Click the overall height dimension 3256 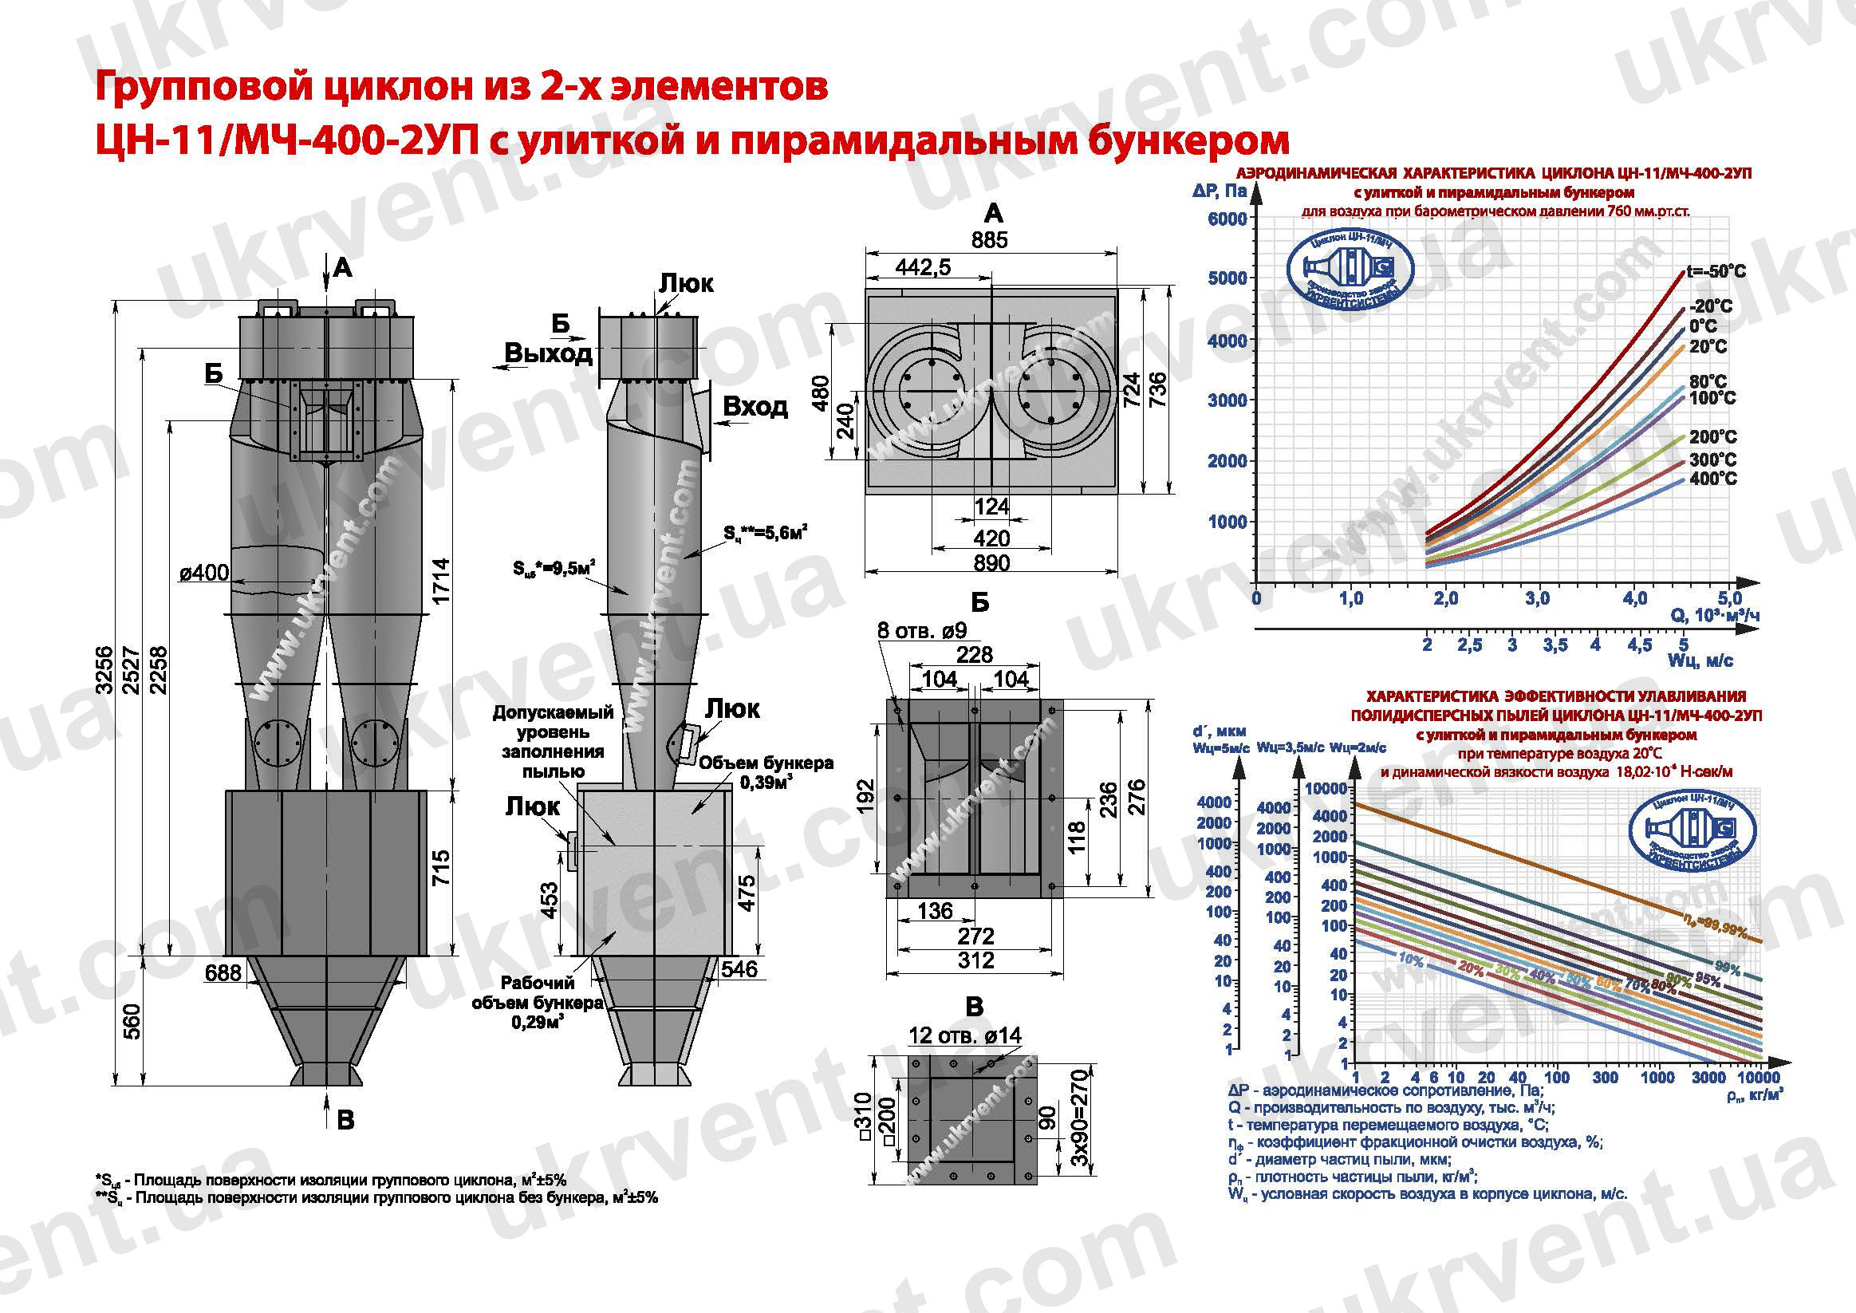click(104, 669)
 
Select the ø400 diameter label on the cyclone click(203, 574)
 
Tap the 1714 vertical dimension click(439, 581)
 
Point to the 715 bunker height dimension click(439, 869)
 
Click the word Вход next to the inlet click(755, 406)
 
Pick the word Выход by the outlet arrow click(548, 353)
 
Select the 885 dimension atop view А click(990, 240)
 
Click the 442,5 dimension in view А click(923, 266)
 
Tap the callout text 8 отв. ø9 click(922, 630)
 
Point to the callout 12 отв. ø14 click(965, 1035)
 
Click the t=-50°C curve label click(1716, 272)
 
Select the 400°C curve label click(1712, 479)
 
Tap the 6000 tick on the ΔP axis click(1227, 219)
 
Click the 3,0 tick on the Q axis click(1537, 598)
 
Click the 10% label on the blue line click(1410, 958)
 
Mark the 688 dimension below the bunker click(223, 972)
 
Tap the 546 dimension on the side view click(739, 968)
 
